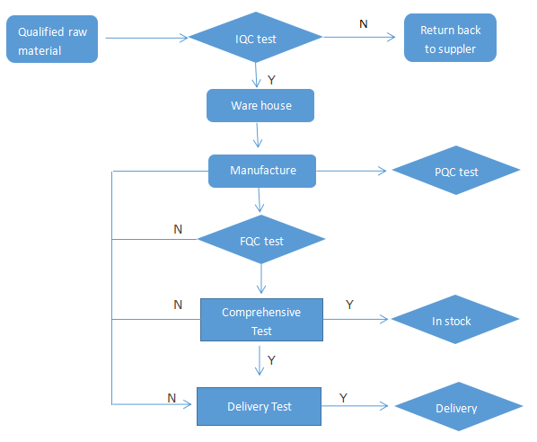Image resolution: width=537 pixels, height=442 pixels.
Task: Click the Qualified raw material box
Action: [52, 39]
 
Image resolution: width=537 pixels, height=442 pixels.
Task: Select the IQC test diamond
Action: [256, 38]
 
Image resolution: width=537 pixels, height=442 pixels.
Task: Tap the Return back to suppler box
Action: [450, 38]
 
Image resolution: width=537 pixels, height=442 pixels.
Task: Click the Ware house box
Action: [260, 105]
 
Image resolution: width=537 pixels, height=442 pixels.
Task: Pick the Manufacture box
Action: [262, 171]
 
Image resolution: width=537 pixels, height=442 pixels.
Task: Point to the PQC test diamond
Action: [456, 171]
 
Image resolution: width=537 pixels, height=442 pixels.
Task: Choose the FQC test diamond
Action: [261, 239]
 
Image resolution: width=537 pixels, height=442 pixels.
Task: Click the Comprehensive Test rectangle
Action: [261, 320]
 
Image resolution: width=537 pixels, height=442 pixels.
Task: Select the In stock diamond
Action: [455, 319]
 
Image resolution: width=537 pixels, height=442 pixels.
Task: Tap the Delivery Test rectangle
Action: [259, 406]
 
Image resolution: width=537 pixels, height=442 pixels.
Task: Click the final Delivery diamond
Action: [459, 406]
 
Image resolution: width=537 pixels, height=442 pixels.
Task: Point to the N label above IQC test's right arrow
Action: [364, 24]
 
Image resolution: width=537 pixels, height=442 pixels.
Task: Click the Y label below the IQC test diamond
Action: [271, 80]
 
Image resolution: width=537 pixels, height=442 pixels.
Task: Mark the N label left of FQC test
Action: [178, 229]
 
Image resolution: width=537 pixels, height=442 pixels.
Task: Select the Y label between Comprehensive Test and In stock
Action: [349, 305]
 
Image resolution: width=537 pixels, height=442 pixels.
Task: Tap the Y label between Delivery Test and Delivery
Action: [343, 398]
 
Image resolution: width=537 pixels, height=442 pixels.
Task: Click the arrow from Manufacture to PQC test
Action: [351, 171]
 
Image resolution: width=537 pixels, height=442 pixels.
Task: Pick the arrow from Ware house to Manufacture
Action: [258, 135]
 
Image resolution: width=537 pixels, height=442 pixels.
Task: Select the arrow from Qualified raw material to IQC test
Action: [146, 38]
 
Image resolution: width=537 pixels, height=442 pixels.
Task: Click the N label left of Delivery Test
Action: [172, 398]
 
